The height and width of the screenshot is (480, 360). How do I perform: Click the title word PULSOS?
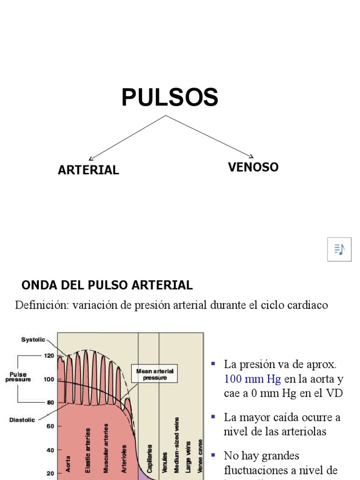pos(170,98)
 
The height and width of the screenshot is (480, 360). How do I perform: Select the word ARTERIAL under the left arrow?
pos(88,170)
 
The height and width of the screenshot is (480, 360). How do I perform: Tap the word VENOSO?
pos(253,167)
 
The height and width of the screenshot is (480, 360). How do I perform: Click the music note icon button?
pos(339,249)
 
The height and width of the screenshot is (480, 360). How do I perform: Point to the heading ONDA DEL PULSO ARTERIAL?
pos(107,285)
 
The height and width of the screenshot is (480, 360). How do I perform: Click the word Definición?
pos(41,305)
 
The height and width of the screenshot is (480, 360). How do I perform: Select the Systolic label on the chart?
pos(33,340)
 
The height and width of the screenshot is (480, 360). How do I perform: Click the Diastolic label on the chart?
pos(22,420)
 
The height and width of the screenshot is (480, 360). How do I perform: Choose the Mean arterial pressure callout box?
pos(155,374)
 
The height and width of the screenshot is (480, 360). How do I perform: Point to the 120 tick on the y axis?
pos(49,356)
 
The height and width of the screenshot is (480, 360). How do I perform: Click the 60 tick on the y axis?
pos(49,426)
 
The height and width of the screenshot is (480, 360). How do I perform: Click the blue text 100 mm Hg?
pos(252,379)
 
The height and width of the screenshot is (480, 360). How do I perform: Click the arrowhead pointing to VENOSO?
pos(252,156)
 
